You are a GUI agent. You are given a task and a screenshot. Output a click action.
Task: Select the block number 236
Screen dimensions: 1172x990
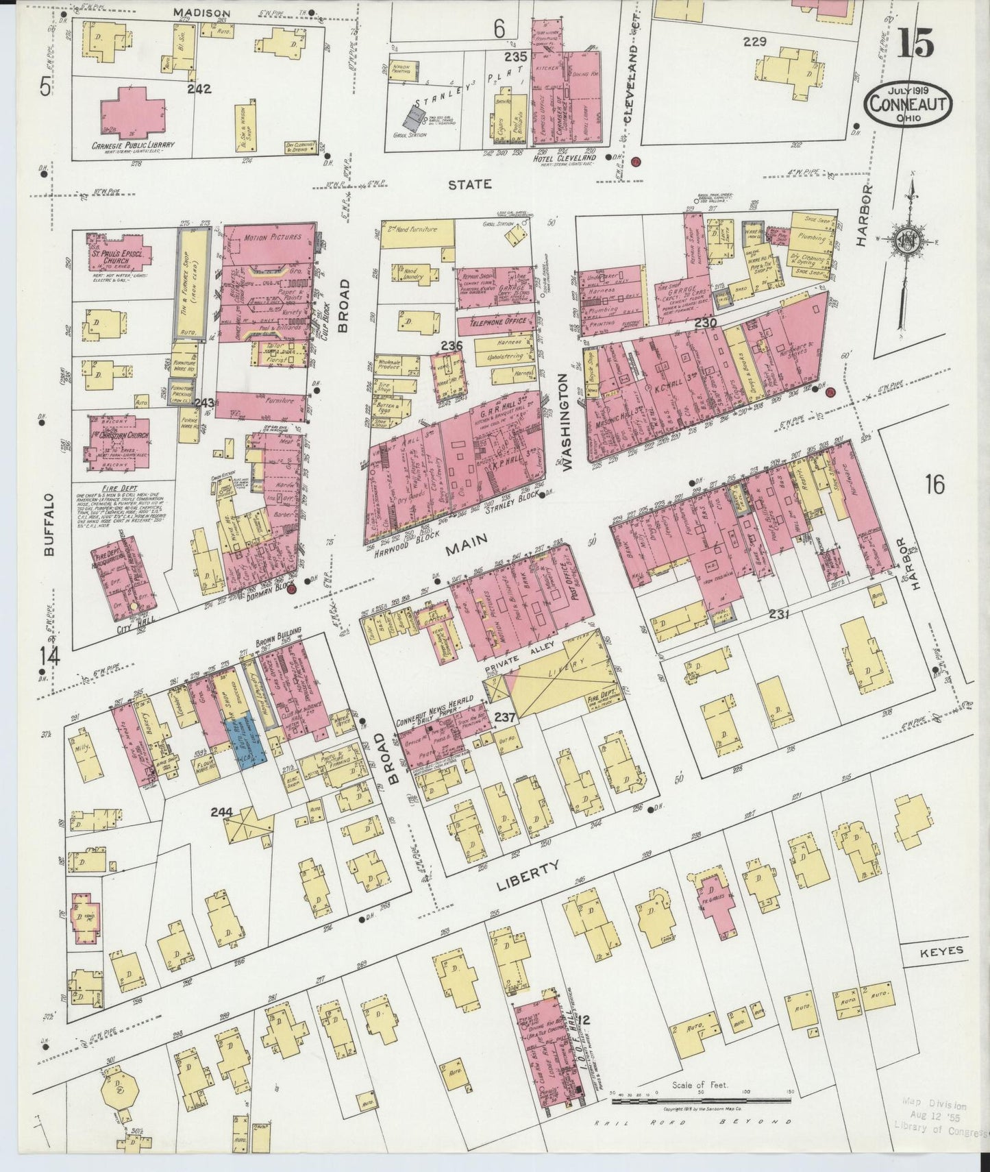point(451,345)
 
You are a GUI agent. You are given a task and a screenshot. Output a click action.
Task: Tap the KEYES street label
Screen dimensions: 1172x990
point(941,951)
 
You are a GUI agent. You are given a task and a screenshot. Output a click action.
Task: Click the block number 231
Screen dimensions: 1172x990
point(779,614)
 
